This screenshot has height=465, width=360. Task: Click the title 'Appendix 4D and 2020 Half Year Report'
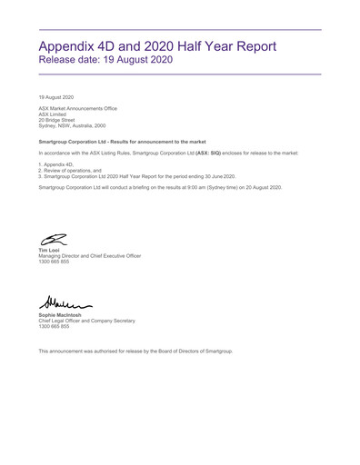(x=157, y=46)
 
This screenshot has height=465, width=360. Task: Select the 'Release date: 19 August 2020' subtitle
(x=105, y=60)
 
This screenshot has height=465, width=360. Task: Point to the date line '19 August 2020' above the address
(x=56, y=96)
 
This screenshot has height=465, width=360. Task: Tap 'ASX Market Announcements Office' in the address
(x=77, y=108)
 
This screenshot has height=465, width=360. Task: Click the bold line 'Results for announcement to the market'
(x=123, y=142)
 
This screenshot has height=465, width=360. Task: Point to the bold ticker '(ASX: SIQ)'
(x=208, y=153)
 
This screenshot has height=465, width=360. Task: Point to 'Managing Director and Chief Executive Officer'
(x=89, y=256)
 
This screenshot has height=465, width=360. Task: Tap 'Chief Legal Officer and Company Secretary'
(x=85, y=321)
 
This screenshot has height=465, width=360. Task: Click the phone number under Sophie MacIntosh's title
(x=54, y=326)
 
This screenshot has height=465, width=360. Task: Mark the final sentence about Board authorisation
(x=135, y=351)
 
